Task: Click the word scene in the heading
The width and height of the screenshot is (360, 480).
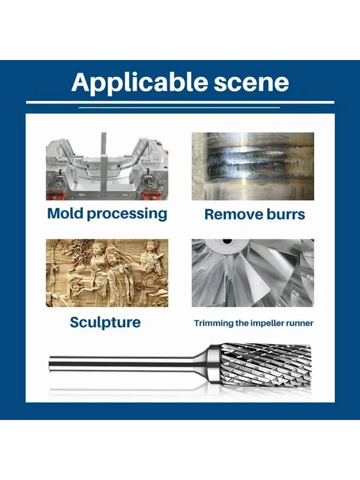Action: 251,82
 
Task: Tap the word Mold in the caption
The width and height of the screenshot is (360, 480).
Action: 65,213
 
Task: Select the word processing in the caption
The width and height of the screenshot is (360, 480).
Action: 127,214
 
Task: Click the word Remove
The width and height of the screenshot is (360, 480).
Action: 230,214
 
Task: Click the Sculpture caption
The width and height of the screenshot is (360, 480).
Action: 105,322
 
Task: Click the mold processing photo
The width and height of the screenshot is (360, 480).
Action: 107,166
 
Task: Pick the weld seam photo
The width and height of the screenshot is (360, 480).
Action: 253,166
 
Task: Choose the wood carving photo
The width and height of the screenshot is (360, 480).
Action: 107,273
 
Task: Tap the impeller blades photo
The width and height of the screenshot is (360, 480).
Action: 253,273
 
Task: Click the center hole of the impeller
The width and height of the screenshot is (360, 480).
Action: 227,241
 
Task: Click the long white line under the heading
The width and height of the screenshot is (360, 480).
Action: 180,103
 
